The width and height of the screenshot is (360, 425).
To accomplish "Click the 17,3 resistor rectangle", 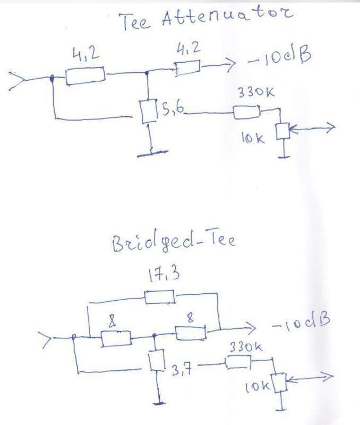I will [x=160, y=296].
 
